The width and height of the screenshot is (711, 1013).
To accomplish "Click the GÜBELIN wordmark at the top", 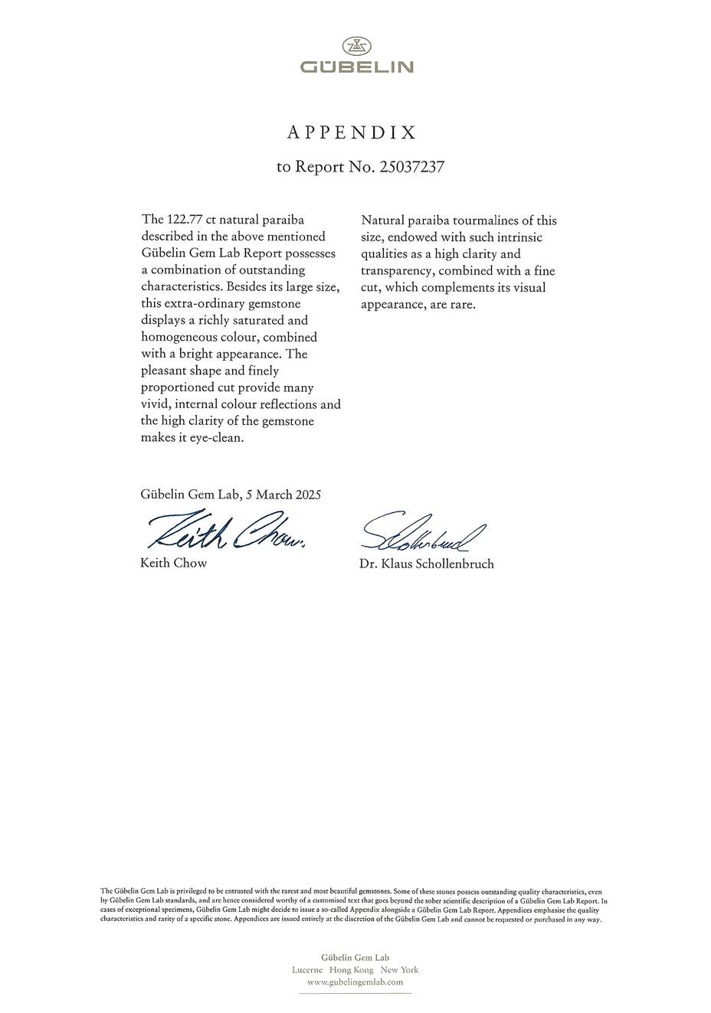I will click(356, 67).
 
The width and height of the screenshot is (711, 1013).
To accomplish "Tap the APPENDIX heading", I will click(352, 133).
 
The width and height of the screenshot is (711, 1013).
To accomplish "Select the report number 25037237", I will click(411, 167).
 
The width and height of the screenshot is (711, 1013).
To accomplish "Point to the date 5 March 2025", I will click(283, 495).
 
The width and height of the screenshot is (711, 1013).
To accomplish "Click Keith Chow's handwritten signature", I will click(226, 530).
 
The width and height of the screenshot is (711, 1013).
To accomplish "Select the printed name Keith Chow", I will click(174, 564).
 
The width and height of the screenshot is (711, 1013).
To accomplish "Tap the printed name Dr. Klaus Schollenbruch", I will click(427, 564).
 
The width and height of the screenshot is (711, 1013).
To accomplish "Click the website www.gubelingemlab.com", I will click(355, 982).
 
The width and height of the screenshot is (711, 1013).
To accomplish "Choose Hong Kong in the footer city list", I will click(352, 969).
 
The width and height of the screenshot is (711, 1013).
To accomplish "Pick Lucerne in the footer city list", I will click(307, 969).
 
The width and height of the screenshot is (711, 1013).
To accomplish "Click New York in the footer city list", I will click(399, 969).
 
